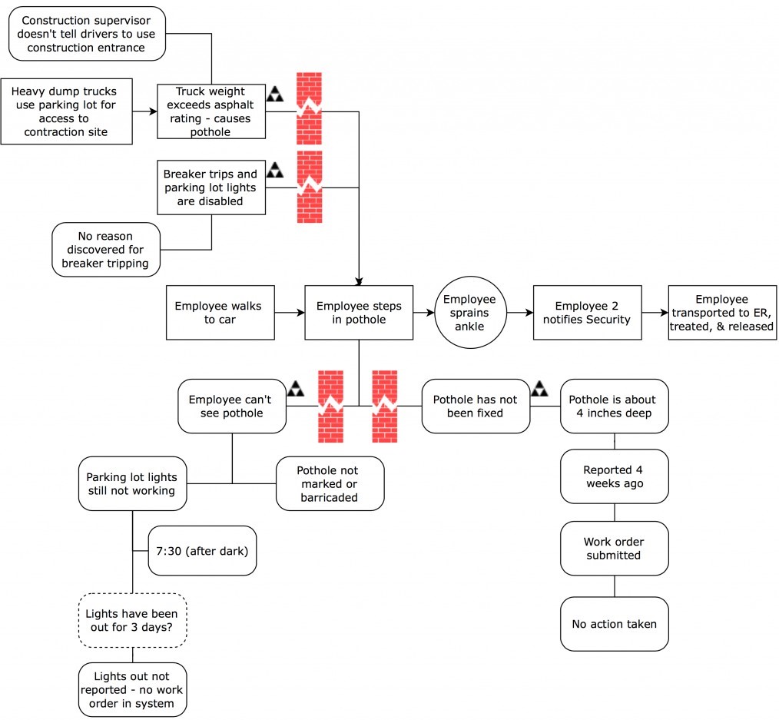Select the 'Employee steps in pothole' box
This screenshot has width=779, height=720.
click(x=359, y=313)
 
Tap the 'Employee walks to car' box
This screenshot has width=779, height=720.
click(x=220, y=313)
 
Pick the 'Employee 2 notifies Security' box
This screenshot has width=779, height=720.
click(x=587, y=313)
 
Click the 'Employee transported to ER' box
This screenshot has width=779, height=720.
click(x=722, y=313)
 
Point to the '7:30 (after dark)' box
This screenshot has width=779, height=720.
click(x=202, y=550)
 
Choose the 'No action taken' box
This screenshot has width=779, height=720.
click(x=614, y=624)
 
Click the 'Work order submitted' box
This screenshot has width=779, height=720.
click(x=614, y=548)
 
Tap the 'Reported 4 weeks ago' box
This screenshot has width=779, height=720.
click(x=614, y=476)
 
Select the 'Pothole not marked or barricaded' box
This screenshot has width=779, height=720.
click(x=330, y=483)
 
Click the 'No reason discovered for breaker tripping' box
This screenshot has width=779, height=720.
click(x=106, y=250)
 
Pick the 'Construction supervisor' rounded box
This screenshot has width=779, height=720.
click(x=87, y=34)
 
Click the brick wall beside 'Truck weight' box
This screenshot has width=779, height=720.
click(x=309, y=108)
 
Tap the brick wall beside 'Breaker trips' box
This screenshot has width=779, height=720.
click(x=309, y=187)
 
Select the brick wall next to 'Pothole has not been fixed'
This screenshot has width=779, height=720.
click(x=385, y=406)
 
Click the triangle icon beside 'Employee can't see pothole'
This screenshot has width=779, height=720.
click(x=296, y=389)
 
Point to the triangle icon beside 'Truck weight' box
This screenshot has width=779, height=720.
click(x=275, y=94)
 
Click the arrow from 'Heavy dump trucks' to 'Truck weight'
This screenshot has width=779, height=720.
click(x=144, y=111)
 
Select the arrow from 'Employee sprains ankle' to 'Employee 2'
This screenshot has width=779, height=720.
click(x=520, y=313)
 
